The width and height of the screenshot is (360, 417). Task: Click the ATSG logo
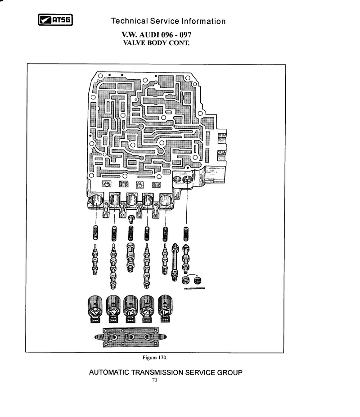[x=55, y=20]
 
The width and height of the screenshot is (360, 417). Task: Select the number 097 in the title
[x=185, y=35]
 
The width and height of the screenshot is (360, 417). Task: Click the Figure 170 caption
[x=154, y=358]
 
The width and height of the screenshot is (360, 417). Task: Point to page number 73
[x=155, y=380]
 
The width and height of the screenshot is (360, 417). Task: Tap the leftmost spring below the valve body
[x=95, y=232]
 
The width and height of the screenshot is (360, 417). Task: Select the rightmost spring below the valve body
[x=186, y=234]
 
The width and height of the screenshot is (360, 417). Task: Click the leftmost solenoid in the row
[x=94, y=309]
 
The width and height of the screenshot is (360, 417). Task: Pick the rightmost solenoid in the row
[x=165, y=308]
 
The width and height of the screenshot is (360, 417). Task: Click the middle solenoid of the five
[x=130, y=309]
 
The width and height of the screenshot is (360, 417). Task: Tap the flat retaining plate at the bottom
[x=130, y=337]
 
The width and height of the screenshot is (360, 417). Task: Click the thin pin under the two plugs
[x=194, y=288]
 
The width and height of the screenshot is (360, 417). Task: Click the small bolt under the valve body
[x=131, y=218]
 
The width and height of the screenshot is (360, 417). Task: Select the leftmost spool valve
[x=95, y=259]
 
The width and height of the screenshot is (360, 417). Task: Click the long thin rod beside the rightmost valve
[x=175, y=262]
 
